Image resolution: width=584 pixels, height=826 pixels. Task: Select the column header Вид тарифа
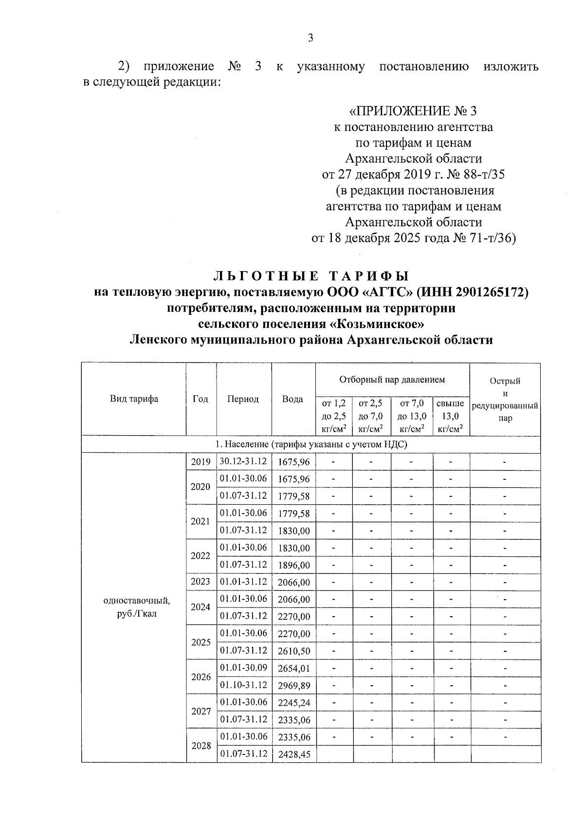[x=134, y=399]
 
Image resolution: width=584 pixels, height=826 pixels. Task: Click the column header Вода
[x=292, y=399]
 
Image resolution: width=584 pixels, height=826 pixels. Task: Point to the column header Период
[x=243, y=399]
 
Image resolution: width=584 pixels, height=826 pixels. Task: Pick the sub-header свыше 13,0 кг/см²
[x=451, y=416]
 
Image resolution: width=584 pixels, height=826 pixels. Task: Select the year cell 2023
[x=201, y=582]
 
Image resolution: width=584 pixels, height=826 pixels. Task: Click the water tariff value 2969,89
[x=293, y=685]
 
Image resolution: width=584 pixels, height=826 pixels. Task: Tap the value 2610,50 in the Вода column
[x=293, y=651]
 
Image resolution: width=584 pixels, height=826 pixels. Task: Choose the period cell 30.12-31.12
[x=243, y=461]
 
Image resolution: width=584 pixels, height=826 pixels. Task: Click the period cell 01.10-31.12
[x=243, y=685]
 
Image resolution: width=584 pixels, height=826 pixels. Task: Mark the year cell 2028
[x=201, y=746]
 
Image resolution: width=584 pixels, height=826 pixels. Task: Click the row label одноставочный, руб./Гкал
[x=137, y=607]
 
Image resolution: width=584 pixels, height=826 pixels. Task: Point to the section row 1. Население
[x=310, y=444]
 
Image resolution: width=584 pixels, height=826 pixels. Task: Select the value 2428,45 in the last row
[x=293, y=754]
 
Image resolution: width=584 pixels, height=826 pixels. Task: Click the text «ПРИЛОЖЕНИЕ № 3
[x=413, y=111]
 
